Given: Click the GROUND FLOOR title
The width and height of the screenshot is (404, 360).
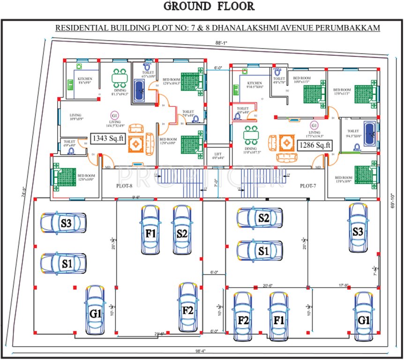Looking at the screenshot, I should coord(209,7).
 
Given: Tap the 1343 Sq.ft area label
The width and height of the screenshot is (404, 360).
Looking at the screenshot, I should coord(108,139).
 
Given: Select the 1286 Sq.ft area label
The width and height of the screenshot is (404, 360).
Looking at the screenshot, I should coord(314,145).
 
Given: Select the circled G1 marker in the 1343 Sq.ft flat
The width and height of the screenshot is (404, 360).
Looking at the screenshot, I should coord(114,115).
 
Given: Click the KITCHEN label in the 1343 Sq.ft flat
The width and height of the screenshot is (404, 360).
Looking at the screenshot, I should coord(85,79).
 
